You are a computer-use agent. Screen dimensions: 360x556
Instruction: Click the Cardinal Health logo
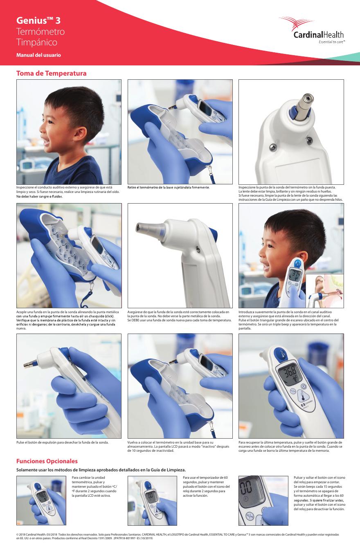pos(312,30)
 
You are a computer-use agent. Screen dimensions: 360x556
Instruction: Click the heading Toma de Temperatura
pos(52,74)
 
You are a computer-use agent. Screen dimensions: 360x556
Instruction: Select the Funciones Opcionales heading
pos(47,461)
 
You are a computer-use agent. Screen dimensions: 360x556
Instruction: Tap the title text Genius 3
pos(38,20)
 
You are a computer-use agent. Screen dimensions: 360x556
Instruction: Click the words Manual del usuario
pos(38,55)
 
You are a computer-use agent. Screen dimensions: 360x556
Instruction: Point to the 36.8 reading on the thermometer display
pos(290,372)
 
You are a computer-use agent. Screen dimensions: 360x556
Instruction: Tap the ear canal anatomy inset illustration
pos(325,291)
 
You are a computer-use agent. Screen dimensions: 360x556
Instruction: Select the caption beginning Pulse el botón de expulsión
pos(62,442)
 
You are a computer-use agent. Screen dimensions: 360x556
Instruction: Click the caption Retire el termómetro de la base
pos(169,187)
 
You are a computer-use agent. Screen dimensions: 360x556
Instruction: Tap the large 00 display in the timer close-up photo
pos(246,487)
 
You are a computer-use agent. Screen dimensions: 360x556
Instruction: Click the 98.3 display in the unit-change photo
pos(41,496)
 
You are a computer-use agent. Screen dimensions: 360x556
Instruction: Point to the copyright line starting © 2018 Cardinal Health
pos(178,536)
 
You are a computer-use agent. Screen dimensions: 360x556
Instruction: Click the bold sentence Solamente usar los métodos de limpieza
pos(101,470)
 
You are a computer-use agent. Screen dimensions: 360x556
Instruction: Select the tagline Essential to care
pos(332,42)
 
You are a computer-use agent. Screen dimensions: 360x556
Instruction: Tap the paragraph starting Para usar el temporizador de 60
pos(206,486)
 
